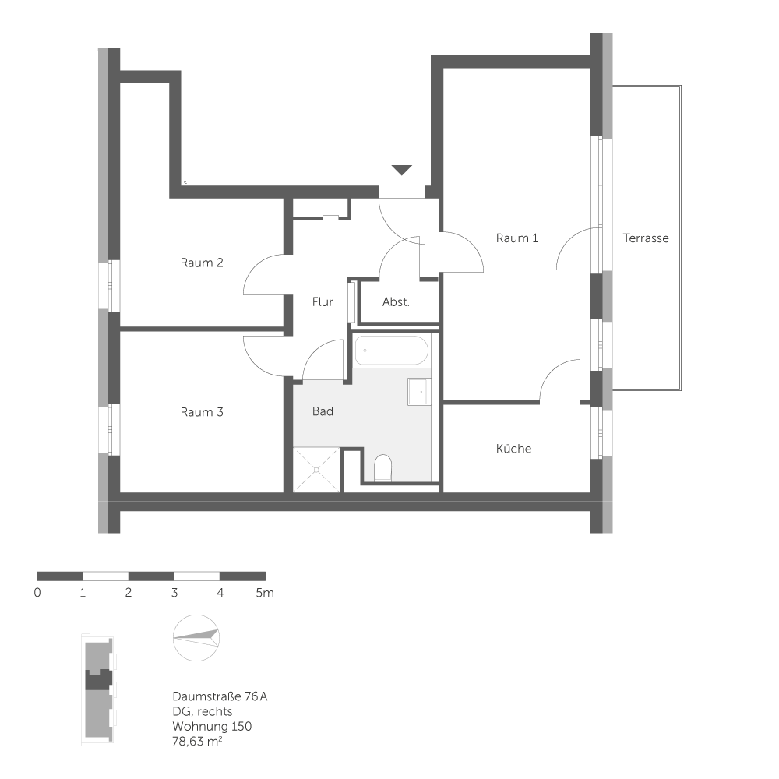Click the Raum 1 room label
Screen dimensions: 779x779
coord(516,238)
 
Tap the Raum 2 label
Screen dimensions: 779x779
coord(202,263)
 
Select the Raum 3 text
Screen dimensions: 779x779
coord(202,412)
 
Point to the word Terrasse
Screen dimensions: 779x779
coord(646,238)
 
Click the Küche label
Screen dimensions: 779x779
coord(513,449)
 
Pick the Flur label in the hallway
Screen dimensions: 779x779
coord(323,301)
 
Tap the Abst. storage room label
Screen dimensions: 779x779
coord(396,301)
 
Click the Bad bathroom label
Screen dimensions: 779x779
coord(323,411)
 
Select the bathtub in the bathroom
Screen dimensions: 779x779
coord(391,351)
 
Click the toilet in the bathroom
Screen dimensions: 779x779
coord(382,469)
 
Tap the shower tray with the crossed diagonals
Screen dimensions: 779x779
coord(317,470)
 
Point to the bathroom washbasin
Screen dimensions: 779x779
coord(418,392)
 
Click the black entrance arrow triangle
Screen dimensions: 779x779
coord(402,170)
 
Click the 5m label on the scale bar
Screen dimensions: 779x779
coord(265,593)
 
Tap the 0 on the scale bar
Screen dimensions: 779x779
coord(37,593)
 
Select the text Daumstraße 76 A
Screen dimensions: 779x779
coord(220,696)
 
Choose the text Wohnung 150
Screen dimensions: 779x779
coord(212,726)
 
